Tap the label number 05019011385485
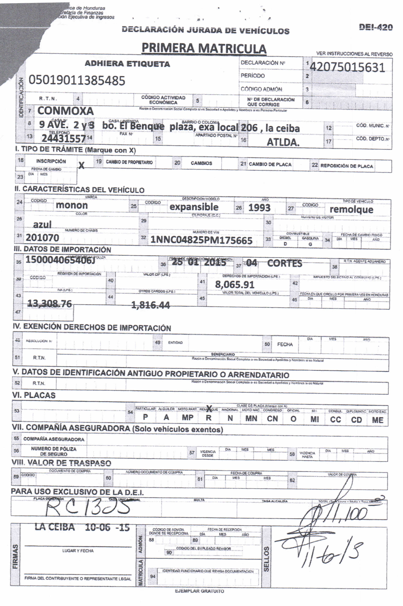(77, 80)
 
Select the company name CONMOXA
(65, 111)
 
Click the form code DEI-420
(376, 27)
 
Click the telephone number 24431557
(64, 139)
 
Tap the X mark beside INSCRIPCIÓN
(81, 165)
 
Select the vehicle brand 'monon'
(72, 205)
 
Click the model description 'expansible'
(194, 207)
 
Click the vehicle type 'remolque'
(351, 209)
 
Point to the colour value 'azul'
(42, 225)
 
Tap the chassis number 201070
(42, 238)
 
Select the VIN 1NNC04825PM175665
(201, 240)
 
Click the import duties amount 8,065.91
(235, 284)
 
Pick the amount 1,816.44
(150, 305)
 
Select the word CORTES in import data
(285, 263)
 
